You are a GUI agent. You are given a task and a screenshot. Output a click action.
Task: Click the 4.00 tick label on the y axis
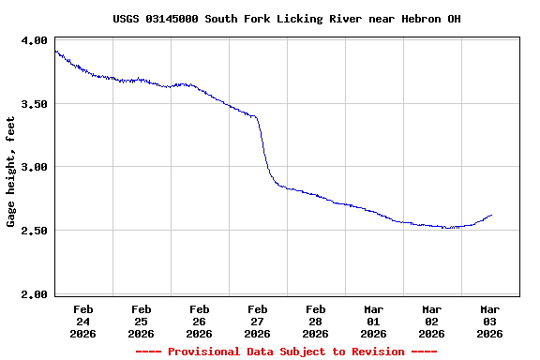click(x=35, y=40)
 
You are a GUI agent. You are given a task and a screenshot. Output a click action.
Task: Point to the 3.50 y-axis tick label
click(x=35, y=104)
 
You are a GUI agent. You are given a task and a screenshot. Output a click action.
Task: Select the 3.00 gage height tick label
click(x=35, y=167)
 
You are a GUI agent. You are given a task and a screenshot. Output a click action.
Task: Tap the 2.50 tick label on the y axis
click(x=35, y=231)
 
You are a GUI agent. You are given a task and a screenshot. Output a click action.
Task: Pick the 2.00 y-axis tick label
click(x=35, y=294)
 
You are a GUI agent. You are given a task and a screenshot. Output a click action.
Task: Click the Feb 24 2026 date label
click(x=82, y=321)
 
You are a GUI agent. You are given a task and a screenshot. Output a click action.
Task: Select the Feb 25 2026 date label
click(x=141, y=321)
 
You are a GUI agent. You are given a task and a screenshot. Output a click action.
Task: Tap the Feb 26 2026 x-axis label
click(x=199, y=321)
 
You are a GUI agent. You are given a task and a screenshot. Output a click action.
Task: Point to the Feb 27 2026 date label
click(x=257, y=321)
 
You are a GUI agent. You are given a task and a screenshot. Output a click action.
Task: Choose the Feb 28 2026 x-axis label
click(x=315, y=321)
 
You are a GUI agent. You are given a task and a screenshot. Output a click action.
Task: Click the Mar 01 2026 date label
click(x=373, y=321)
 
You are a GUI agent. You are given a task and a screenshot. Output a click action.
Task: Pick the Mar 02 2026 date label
click(x=431, y=321)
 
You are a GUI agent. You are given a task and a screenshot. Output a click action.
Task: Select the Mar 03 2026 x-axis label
click(x=489, y=321)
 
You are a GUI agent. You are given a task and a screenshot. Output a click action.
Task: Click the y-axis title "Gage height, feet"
click(x=11, y=172)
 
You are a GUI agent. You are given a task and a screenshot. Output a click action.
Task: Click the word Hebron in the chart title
click(x=421, y=19)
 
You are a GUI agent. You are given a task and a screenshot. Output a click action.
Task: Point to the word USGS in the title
click(x=127, y=19)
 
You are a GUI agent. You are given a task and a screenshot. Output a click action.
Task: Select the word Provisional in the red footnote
click(x=204, y=352)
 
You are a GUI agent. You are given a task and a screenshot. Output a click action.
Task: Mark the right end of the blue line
click(x=491, y=215)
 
